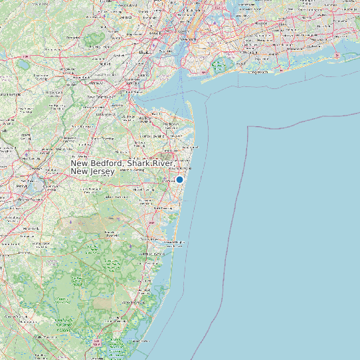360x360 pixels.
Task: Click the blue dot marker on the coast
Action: pos(179,179)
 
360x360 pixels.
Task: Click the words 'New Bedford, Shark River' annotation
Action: pos(122,163)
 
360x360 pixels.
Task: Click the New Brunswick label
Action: pos(100,97)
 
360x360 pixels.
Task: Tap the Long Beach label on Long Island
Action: pos(255,71)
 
